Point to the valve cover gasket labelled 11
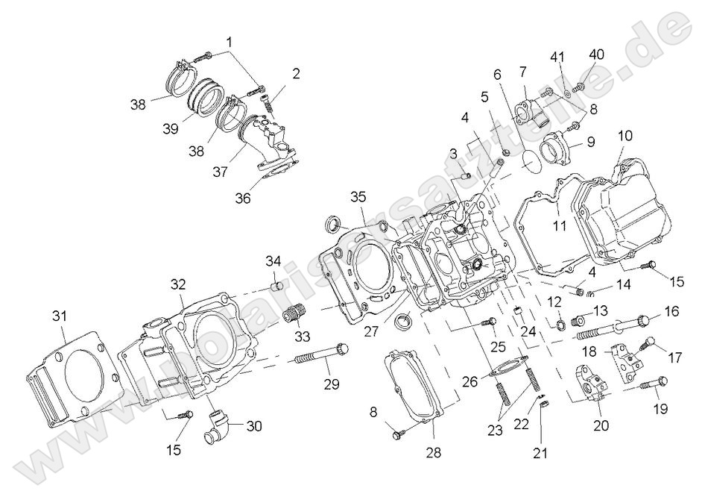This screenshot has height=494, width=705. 544,224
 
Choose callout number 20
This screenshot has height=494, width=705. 601,426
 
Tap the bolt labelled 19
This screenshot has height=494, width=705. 651,383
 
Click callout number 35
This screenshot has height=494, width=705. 358,197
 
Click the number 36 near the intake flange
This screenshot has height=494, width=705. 242,198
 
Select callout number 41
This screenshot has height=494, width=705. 558,57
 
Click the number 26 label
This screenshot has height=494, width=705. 470,381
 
